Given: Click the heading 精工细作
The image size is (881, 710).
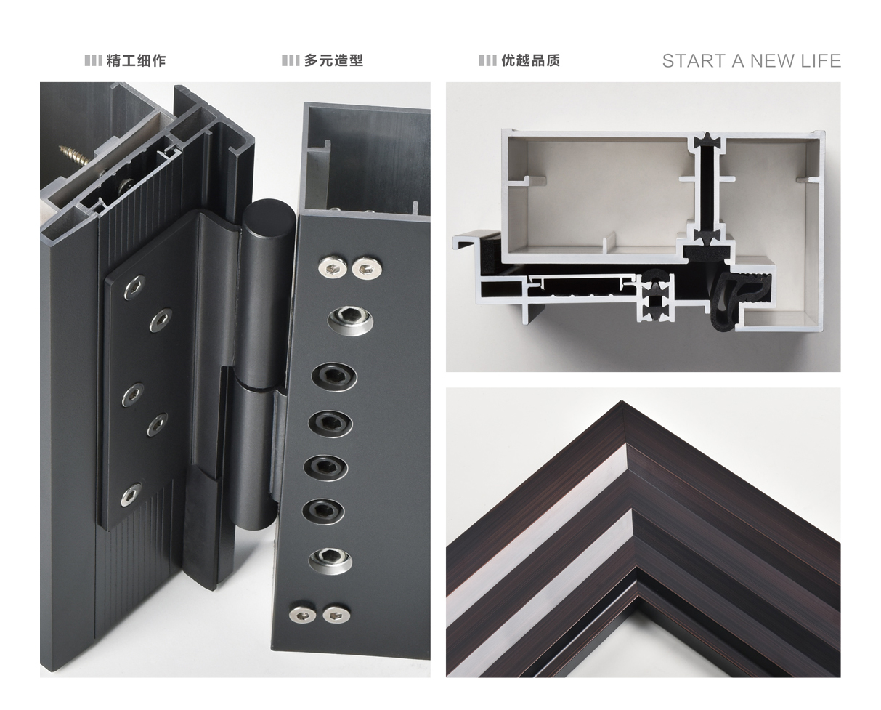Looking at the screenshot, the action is [x=136, y=60].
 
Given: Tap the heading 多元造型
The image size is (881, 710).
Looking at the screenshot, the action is [x=333, y=60].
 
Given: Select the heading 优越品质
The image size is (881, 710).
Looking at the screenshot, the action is [x=531, y=60].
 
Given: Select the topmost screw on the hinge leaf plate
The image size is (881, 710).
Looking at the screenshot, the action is [x=134, y=288].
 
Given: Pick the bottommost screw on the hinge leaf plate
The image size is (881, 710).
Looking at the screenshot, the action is [x=131, y=494].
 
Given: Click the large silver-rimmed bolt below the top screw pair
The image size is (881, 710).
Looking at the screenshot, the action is [x=350, y=320].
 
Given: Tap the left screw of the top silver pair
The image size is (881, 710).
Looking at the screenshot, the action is [x=332, y=268].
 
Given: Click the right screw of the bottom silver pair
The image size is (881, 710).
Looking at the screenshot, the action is [x=336, y=615].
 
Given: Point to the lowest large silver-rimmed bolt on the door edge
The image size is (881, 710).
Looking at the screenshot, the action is [x=330, y=560].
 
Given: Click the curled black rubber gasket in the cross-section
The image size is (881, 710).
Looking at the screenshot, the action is [x=738, y=296].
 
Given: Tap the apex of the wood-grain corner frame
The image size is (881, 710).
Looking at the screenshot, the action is [x=622, y=401].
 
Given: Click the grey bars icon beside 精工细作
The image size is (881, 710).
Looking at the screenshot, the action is [x=94, y=60].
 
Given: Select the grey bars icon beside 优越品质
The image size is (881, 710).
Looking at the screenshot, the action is [x=487, y=60].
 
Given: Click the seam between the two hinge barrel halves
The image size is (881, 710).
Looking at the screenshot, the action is [x=261, y=387].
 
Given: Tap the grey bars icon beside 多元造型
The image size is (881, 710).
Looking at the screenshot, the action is [x=291, y=60].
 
